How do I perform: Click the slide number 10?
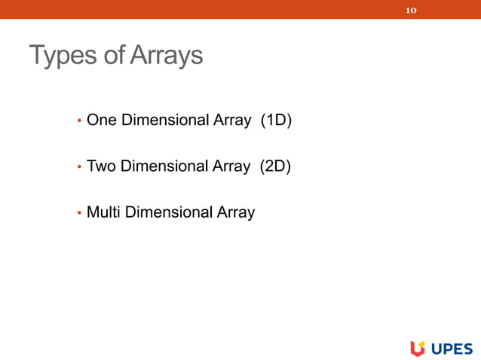click(x=411, y=11)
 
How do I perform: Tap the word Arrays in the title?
click(x=167, y=56)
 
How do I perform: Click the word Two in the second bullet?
click(x=101, y=166)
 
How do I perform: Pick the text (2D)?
click(x=275, y=166)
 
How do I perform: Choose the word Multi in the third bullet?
click(x=103, y=212)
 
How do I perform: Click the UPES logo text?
click(x=452, y=348)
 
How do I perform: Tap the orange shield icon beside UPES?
click(x=418, y=347)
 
